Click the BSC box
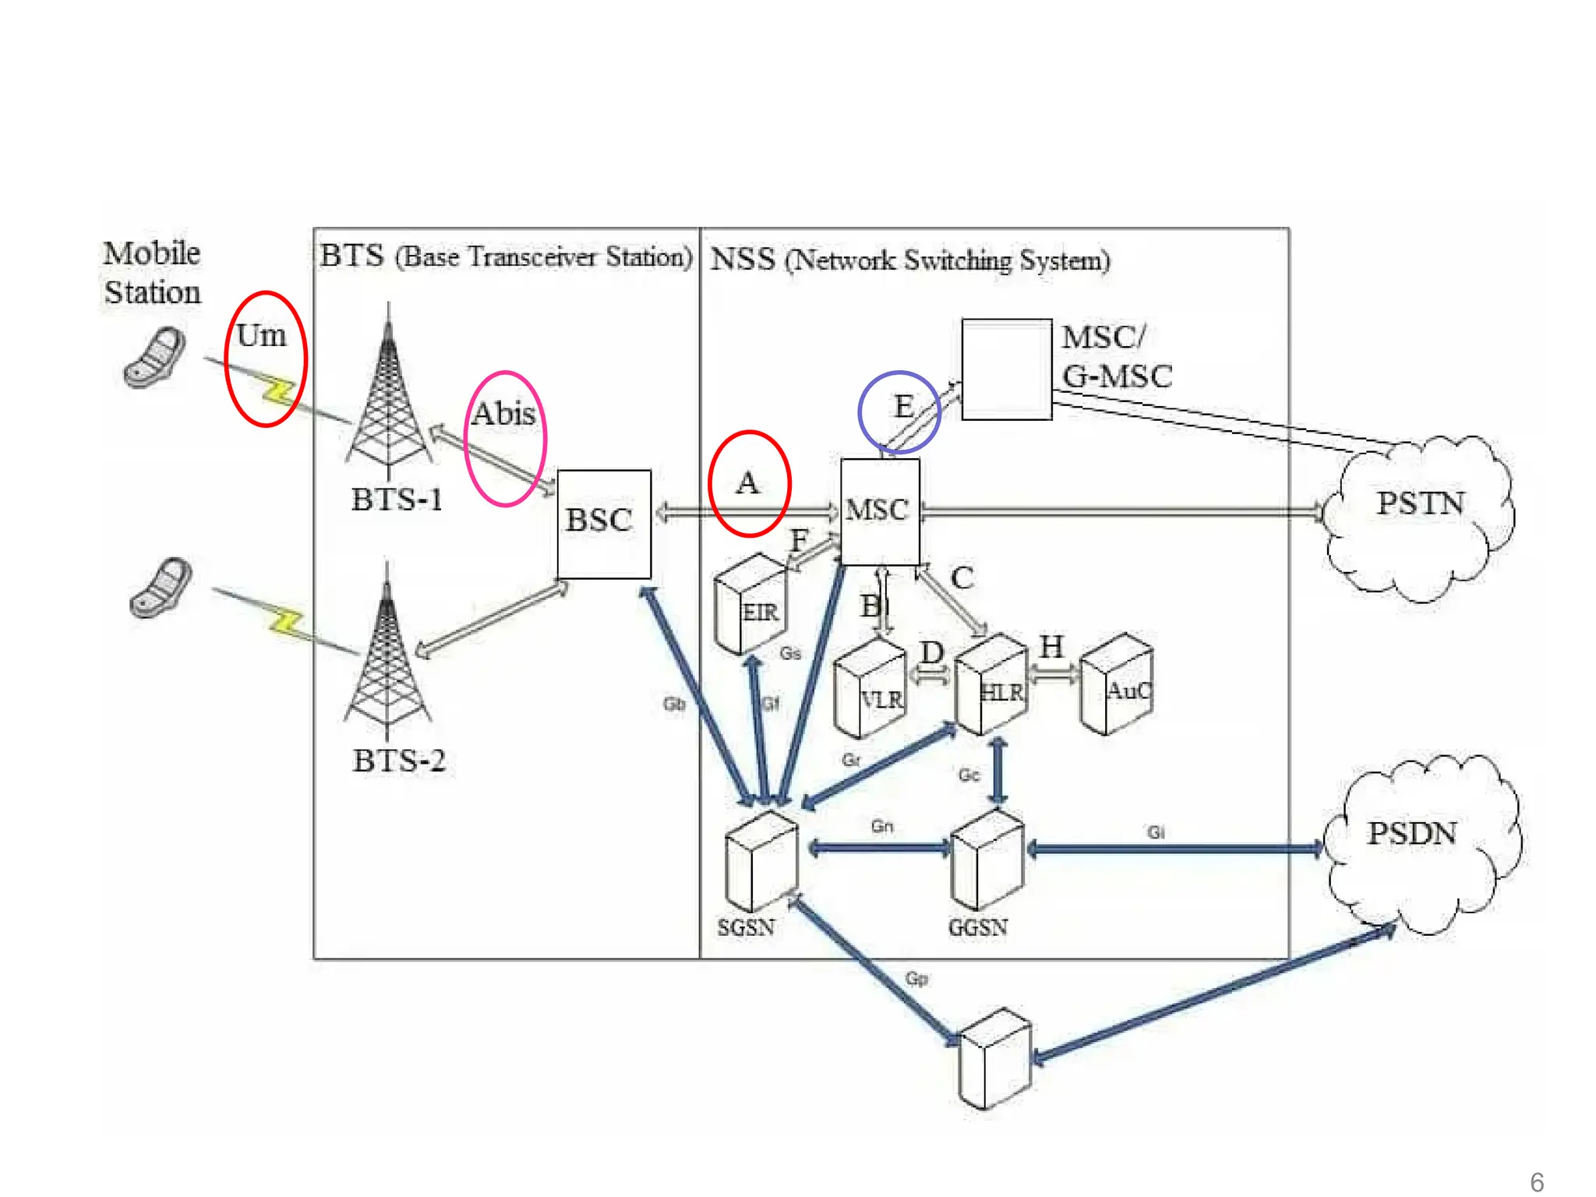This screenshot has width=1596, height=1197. (604, 524)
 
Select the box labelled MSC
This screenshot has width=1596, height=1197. (880, 511)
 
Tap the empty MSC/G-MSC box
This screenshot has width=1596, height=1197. (1006, 369)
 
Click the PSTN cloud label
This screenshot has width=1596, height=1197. (1420, 504)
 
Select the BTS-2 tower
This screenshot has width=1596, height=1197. (387, 655)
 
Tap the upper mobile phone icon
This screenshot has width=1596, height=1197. (156, 358)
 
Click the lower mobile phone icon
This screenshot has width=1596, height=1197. (161, 588)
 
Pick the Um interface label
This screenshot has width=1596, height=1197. (261, 336)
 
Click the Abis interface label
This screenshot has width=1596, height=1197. (504, 414)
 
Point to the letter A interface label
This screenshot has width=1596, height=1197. (747, 483)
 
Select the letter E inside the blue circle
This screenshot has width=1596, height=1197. (903, 407)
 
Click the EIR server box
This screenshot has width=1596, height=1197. (750, 605)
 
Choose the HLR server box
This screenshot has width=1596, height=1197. (991, 684)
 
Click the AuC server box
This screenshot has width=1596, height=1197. (1116, 684)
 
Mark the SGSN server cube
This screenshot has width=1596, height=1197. (761, 861)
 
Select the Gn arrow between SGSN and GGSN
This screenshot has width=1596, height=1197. (881, 848)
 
